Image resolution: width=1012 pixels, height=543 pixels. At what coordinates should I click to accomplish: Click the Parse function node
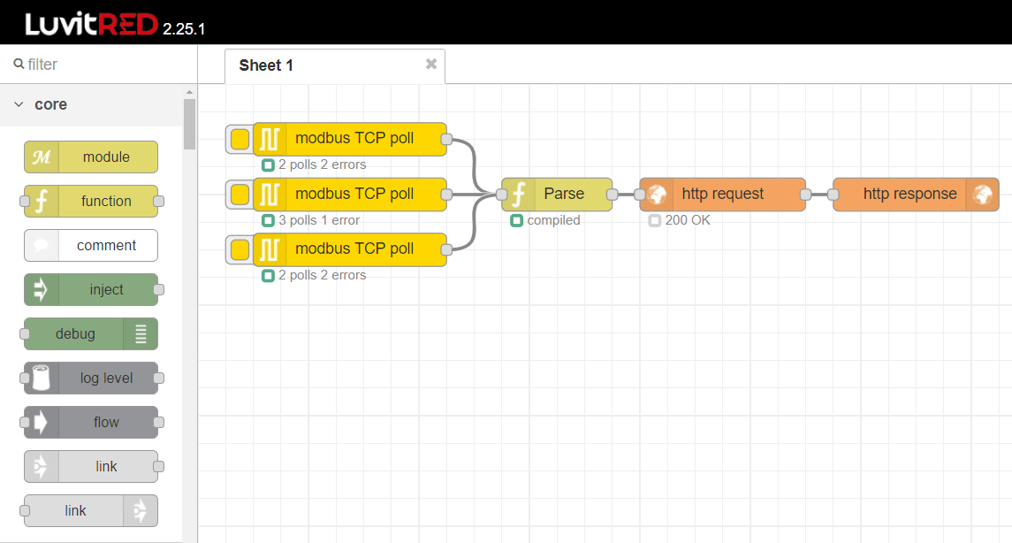pyautogui.click(x=563, y=194)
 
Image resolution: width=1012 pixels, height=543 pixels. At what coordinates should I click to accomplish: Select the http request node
pyautogui.click(x=722, y=194)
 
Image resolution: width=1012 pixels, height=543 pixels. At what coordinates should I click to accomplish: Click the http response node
pyautogui.click(x=909, y=194)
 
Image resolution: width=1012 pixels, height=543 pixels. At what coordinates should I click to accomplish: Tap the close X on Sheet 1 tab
pyautogui.click(x=431, y=64)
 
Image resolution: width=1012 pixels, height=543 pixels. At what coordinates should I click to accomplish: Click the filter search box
pyautogui.click(x=102, y=65)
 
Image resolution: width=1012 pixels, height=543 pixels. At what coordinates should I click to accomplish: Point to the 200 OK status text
pyautogui.click(x=687, y=220)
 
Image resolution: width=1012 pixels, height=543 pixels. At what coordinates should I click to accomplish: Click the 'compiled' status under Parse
pyautogui.click(x=553, y=220)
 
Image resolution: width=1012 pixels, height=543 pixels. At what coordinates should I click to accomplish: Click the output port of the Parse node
pyautogui.click(x=612, y=194)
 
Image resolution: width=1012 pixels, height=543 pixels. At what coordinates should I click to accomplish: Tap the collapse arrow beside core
pyautogui.click(x=19, y=104)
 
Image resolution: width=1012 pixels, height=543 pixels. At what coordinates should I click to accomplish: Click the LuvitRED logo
pyautogui.click(x=91, y=24)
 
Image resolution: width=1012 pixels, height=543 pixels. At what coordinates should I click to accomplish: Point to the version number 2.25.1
pyautogui.click(x=184, y=29)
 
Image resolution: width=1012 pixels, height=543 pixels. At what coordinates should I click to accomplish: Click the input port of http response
pyautogui.click(x=833, y=194)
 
